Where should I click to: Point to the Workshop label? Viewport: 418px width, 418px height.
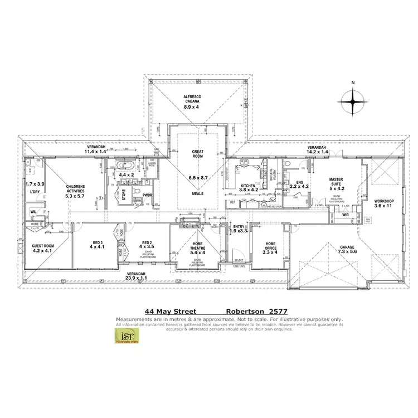383,201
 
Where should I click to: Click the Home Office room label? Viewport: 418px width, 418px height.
270,243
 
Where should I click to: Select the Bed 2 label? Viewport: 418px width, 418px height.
147,243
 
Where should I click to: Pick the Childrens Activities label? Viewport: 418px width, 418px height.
75,187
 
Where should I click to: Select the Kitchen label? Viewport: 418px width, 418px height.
247,185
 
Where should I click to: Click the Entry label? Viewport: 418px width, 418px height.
239,226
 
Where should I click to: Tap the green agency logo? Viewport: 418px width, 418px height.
130,336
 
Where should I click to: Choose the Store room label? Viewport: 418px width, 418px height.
124,194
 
